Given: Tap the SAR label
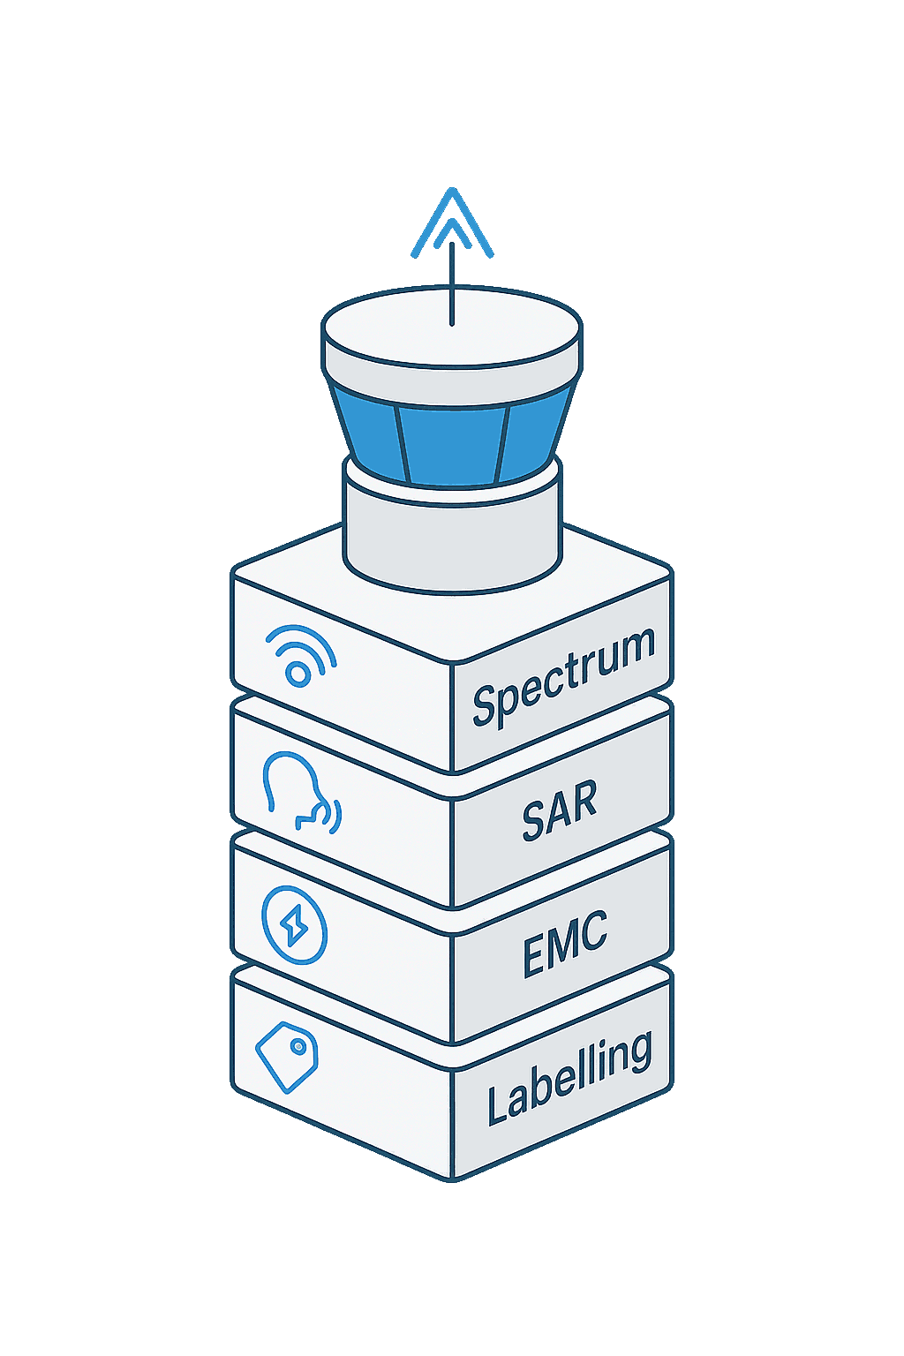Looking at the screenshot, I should [x=560, y=810].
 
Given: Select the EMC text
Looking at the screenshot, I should [x=565, y=945].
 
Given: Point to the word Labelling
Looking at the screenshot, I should [x=569, y=1079].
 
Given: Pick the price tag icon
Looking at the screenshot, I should [x=287, y=1057].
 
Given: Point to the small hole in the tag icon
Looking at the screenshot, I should [x=299, y=1047].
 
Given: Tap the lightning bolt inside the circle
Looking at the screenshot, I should [x=294, y=927].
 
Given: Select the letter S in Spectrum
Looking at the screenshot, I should [x=485, y=704].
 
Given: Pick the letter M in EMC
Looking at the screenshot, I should [x=565, y=945].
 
